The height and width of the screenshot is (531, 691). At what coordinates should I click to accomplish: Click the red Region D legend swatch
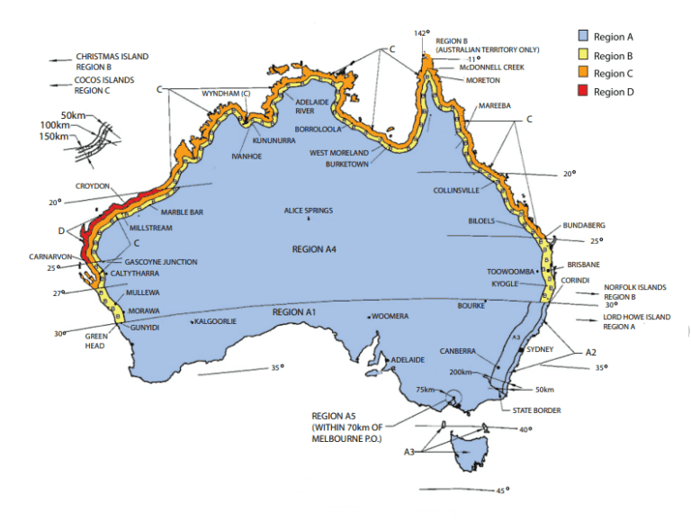tap(583, 92)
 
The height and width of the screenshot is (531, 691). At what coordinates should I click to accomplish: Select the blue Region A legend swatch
tap(583, 37)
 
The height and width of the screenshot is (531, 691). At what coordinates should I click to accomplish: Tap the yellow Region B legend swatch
tap(583, 56)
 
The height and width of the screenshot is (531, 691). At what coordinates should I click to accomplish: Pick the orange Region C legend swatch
tap(583, 74)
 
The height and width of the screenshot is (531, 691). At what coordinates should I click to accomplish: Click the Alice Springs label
tap(309, 211)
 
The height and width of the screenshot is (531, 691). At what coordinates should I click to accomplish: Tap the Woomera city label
tap(391, 317)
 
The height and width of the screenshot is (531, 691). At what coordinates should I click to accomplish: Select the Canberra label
tap(459, 351)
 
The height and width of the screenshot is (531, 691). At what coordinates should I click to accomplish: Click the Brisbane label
tap(584, 265)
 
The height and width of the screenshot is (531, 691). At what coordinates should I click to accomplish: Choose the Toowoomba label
tap(510, 271)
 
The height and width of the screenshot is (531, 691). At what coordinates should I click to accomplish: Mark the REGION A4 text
tap(315, 248)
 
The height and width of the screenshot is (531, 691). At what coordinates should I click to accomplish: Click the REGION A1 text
tap(295, 311)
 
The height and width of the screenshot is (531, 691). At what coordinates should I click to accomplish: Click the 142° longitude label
tap(420, 33)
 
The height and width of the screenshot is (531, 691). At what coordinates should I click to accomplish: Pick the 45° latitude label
tap(501, 490)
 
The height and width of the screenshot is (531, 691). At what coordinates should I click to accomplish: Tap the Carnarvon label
tap(49, 256)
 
